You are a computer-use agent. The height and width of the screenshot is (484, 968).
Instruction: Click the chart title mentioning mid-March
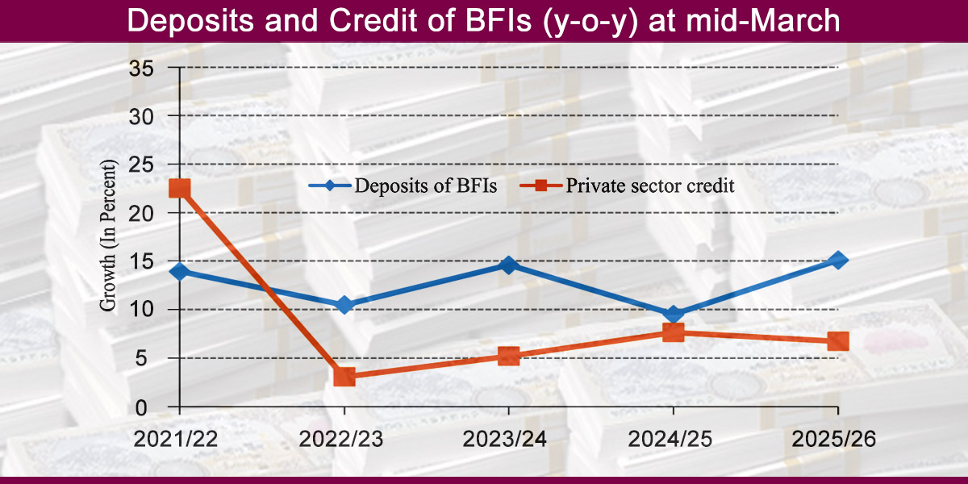484,21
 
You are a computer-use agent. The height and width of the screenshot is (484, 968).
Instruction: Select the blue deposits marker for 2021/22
180,272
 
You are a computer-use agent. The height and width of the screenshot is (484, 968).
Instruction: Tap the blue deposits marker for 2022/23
344,306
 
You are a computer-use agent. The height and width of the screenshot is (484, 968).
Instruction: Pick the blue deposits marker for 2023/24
508,265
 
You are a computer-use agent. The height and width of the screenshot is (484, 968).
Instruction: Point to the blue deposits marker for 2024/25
674,315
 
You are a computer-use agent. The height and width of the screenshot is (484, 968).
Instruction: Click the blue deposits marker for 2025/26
838,260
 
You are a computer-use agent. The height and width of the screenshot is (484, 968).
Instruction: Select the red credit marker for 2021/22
180,189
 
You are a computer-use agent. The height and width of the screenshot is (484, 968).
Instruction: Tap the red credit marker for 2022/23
344,376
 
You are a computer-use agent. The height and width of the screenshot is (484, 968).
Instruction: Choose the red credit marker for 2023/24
508,356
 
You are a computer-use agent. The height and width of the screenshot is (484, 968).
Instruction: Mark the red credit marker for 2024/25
674,332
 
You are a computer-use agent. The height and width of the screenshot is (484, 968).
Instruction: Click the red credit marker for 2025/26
838,341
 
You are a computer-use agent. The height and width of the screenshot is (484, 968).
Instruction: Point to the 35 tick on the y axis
142,68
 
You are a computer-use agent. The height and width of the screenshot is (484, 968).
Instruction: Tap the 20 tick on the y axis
142,213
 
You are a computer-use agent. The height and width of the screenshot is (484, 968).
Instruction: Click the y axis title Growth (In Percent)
107,236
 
